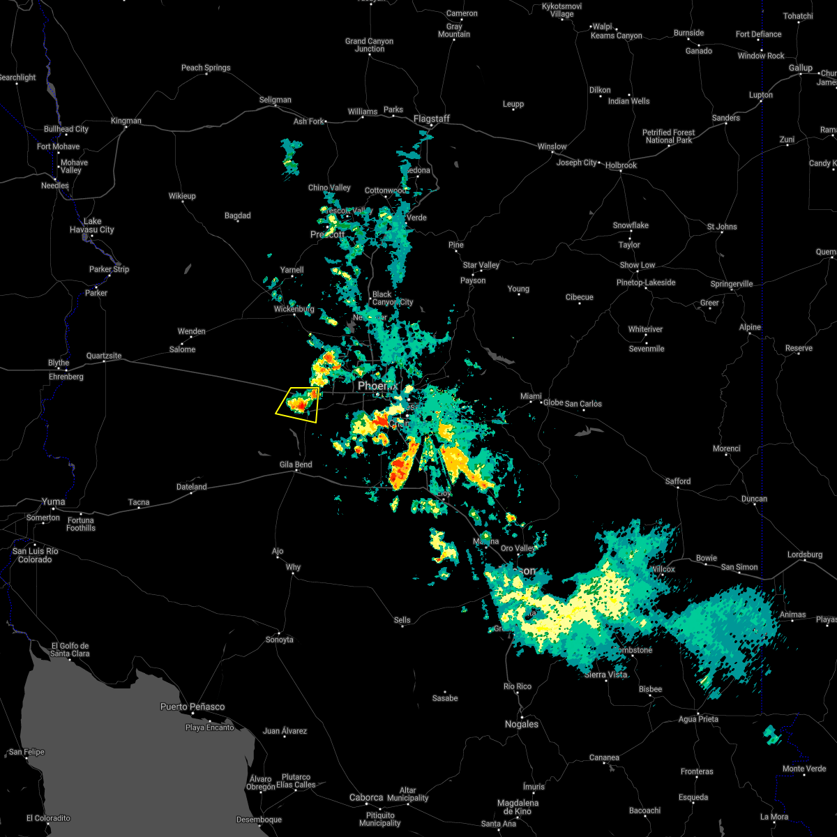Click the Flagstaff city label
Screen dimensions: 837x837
pos(432,119)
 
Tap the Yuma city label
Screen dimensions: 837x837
pos(54,502)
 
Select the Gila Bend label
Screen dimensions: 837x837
pos(296,465)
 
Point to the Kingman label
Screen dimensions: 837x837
pos(126,121)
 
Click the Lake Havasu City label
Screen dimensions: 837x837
pos(92,225)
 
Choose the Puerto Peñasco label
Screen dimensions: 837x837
pos(193,707)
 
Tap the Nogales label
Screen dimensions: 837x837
pos(522,724)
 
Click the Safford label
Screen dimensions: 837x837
pos(677,481)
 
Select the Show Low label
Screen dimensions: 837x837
pos(637,265)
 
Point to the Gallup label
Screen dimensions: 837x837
pos(801,68)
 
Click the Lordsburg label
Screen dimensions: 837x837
pos(805,555)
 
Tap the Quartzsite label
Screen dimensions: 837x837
pos(104,356)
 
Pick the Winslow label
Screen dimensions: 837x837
pos(552,146)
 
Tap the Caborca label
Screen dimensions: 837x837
pos(366,797)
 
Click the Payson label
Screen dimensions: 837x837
pos(473,280)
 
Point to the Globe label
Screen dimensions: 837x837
pos(553,403)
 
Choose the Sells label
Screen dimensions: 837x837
pos(402,620)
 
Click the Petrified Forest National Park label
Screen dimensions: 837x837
pos(668,136)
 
